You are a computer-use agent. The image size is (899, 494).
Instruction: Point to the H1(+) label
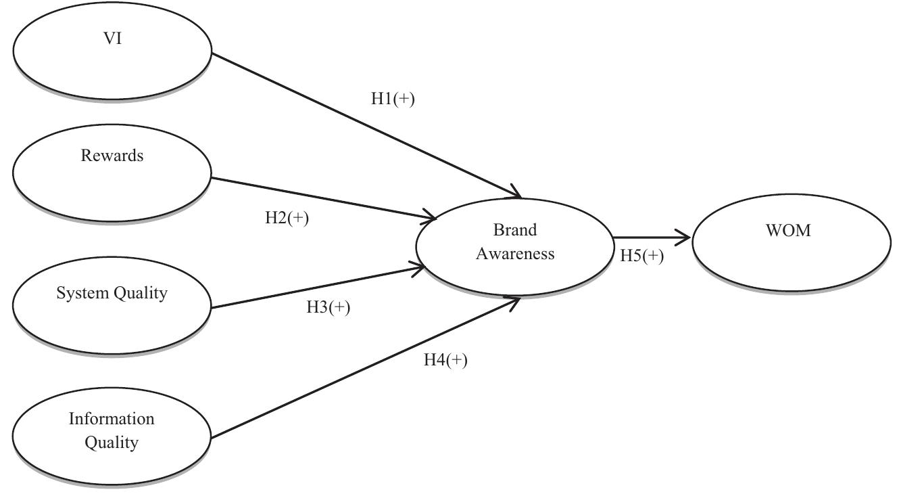pos(393,98)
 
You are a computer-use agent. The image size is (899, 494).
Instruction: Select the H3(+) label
pos(328,307)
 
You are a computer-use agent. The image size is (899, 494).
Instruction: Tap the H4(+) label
pos(445,360)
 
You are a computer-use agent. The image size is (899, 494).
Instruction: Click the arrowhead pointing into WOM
pos(685,238)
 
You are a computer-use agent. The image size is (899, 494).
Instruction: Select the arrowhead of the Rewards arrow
pos(431,218)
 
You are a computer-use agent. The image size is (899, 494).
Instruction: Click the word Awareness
pos(515,254)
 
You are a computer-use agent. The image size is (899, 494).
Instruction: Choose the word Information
pos(112,419)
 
